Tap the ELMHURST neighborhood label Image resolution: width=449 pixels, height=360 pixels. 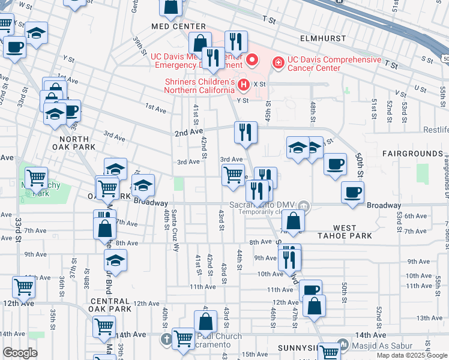pyautogui.click(x=324, y=38)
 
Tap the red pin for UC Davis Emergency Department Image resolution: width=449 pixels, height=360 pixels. pyautogui.click(x=252, y=59)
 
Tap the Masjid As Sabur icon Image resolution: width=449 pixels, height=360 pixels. pyautogui.click(x=343, y=344)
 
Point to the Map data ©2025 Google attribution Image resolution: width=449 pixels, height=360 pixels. pyautogui.click(x=412, y=355)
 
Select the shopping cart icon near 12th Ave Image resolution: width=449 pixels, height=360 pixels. pyautogui.click(x=23, y=287)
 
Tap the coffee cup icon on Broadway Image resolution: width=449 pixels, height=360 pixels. pyautogui.click(x=352, y=192)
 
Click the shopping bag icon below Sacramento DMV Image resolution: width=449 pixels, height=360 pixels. pyautogui.click(x=293, y=221)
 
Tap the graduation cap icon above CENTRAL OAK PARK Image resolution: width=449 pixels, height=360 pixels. pyautogui.click(x=115, y=260)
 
